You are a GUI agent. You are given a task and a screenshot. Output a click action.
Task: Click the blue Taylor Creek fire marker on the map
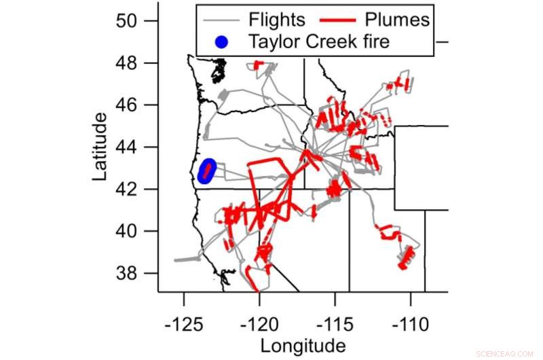pos(207,171)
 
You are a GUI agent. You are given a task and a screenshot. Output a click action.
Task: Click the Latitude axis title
pos(100,147)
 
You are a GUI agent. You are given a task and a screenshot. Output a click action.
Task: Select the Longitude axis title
pos(303,344)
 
